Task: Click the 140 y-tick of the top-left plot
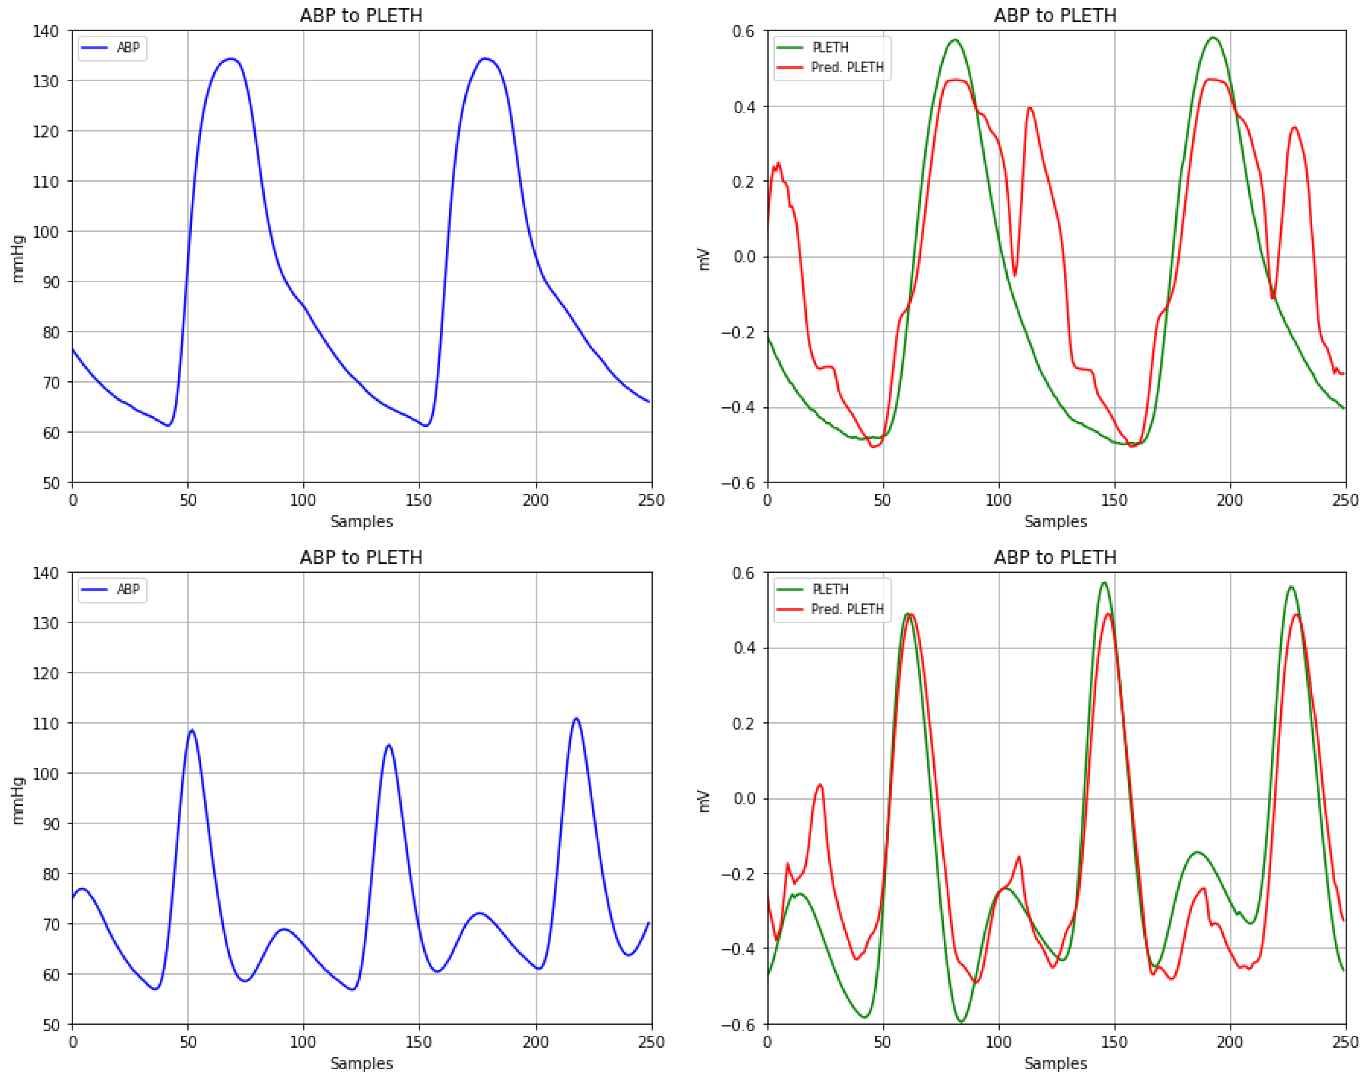tap(46, 31)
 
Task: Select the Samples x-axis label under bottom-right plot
tap(1055, 1063)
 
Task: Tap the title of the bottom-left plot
tap(361, 557)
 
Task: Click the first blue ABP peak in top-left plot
tap(231, 59)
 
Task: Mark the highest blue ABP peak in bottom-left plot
tap(575, 719)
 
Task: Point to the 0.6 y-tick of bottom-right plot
tap(744, 573)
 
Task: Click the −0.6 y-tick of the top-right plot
tap(739, 483)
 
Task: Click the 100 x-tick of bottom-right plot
tap(998, 1042)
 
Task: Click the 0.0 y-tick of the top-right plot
tap(744, 257)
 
